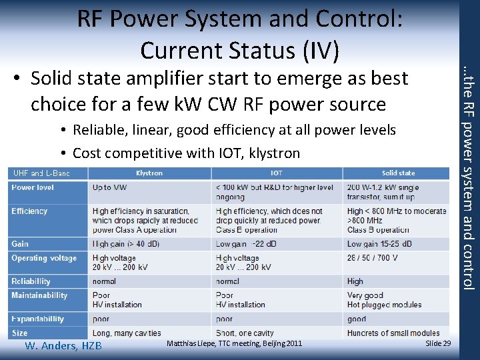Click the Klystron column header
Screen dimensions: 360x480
pos(149,173)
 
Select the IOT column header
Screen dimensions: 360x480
pos(276,173)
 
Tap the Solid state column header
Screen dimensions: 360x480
pos(398,173)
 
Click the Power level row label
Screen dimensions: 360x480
pos(33,187)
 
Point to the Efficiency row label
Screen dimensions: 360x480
pos(29,211)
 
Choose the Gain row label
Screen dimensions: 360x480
pos(20,244)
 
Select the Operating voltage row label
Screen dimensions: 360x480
pos(44,258)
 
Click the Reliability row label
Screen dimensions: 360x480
pos(31,281)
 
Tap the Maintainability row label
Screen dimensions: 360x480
pos(39,295)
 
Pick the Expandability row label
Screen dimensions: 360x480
pos(38,319)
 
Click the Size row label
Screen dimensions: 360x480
pos(20,333)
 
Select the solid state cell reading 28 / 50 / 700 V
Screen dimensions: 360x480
pos(372,258)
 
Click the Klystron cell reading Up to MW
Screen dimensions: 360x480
pos(109,187)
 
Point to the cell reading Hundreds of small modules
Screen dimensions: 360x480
pos(393,333)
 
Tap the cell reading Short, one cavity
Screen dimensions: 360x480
pos(245,333)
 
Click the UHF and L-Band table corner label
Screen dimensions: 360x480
pos(41,173)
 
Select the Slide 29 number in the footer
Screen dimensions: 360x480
pos(438,343)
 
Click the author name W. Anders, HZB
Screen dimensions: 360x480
pos(63,345)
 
